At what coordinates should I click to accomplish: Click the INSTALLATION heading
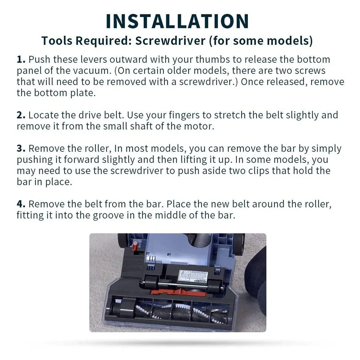(x=177, y=21)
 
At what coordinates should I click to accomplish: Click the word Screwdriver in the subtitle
(x=170, y=40)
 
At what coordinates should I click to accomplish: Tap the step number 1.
(x=21, y=60)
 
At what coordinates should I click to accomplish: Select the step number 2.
(x=21, y=115)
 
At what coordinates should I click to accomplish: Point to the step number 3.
(x=21, y=148)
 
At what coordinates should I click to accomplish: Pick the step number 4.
(x=21, y=204)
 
